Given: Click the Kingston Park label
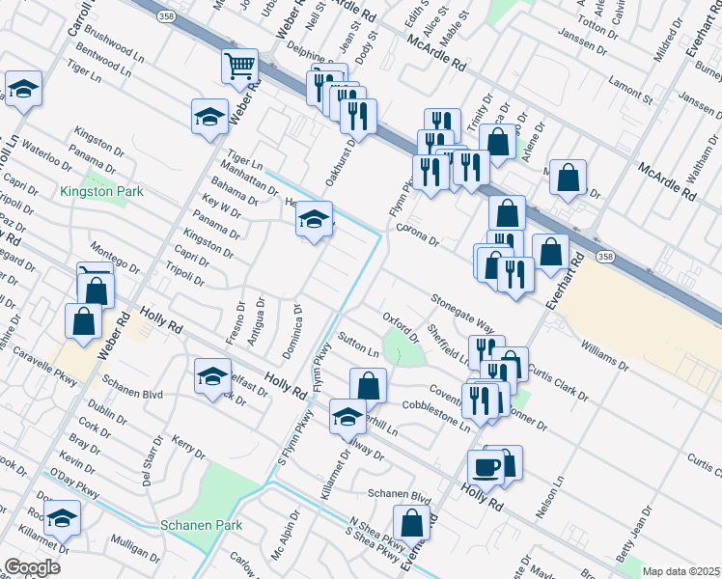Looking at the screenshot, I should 101,191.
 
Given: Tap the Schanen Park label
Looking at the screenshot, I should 202,525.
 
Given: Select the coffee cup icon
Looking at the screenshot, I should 486,466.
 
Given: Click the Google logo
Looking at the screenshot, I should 32,566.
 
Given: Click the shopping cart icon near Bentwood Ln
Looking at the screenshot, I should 239,65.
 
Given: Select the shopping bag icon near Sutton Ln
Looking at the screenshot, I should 368,385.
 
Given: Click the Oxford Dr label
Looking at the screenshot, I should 400,324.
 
